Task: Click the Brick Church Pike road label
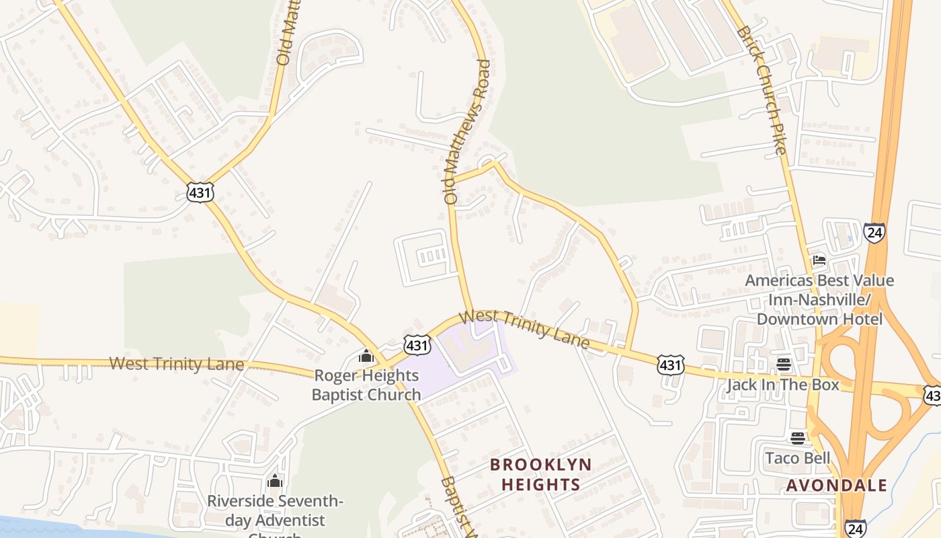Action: pyautogui.click(x=761, y=90)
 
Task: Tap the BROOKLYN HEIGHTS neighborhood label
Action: pyautogui.click(x=540, y=474)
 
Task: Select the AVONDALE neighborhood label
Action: pyautogui.click(x=836, y=485)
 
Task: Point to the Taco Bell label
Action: pyautogui.click(x=798, y=459)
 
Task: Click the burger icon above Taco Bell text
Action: pyautogui.click(x=798, y=438)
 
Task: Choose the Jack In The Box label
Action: pyautogui.click(x=782, y=385)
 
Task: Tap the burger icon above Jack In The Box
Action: pyautogui.click(x=784, y=364)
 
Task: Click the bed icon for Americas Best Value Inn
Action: pyautogui.click(x=819, y=260)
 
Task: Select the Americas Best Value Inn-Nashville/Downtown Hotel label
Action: pyautogui.click(x=819, y=299)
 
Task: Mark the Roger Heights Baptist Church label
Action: pyautogui.click(x=366, y=385)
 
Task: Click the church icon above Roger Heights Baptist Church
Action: pyautogui.click(x=366, y=356)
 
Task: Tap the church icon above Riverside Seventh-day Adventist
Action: pyautogui.click(x=274, y=481)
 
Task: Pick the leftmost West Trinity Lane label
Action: pyautogui.click(x=176, y=364)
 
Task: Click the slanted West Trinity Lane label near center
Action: pyautogui.click(x=526, y=329)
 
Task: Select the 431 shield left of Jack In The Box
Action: pyautogui.click(x=670, y=364)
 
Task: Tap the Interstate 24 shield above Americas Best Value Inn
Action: pyautogui.click(x=874, y=233)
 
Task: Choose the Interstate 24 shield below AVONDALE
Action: pyautogui.click(x=856, y=529)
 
